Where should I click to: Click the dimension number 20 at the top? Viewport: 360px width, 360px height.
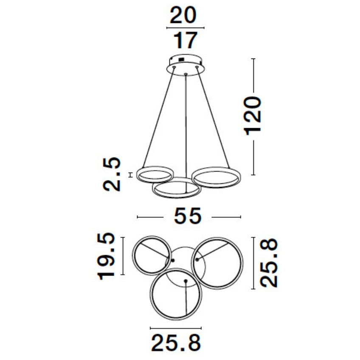pos(184,16)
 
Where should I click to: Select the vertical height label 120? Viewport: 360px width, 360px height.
pos(253,115)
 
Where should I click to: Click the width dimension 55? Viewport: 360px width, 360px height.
pos(187,217)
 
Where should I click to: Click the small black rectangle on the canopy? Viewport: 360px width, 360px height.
pos(180,59)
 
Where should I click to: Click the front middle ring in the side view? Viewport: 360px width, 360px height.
pos(176,189)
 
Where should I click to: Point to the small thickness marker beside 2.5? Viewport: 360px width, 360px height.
pos(130,174)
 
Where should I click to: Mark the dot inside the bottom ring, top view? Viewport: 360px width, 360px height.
pos(185,281)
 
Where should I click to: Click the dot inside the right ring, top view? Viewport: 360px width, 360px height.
pos(197,259)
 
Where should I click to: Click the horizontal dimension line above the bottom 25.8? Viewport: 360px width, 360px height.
pos(176,328)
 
